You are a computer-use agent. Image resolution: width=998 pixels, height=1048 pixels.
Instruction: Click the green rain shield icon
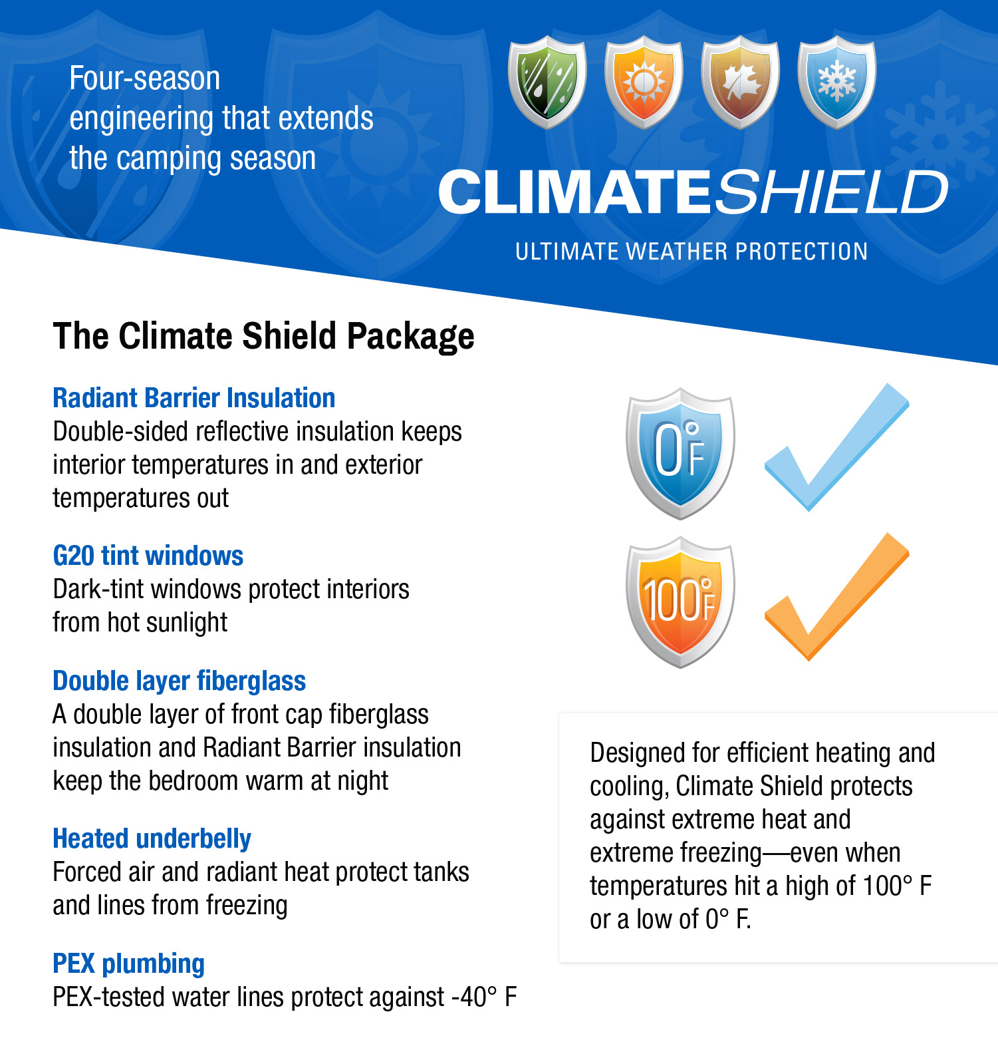[547, 83]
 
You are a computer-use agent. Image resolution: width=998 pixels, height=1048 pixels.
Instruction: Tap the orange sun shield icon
[644, 83]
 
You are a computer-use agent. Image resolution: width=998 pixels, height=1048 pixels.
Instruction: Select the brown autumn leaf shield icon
[740, 83]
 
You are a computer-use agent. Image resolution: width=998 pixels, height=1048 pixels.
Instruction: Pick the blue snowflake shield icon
[837, 83]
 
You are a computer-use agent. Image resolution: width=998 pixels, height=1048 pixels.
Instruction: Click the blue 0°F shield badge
[680, 453]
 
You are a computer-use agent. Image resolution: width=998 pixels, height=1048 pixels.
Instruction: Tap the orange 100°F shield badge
[680, 602]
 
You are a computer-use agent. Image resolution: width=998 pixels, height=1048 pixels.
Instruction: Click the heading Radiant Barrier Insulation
[194, 399]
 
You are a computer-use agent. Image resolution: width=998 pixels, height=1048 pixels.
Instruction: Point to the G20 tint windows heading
[148, 556]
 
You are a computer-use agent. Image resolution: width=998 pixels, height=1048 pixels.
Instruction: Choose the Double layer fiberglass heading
[180, 681]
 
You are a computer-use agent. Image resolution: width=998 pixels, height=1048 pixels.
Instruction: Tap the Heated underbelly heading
[152, 839]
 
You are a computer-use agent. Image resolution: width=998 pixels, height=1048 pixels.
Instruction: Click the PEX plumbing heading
[129, 964]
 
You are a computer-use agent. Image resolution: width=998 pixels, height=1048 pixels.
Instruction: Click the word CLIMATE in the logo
[576, 192]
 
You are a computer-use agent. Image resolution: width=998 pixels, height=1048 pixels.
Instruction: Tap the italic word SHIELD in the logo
[832, 192]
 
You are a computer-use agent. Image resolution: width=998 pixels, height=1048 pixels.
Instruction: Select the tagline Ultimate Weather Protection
[691, 252]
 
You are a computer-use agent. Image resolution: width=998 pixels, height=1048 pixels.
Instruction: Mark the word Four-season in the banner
[145, 79]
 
